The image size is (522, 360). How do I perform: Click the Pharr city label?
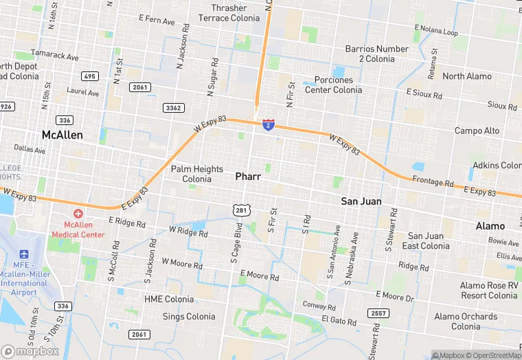248,177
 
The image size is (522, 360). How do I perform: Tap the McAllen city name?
62,135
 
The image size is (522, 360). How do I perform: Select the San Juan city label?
361,201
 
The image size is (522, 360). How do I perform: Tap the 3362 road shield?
173,108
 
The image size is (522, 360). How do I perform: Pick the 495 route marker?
89,76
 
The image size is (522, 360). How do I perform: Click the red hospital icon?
78,214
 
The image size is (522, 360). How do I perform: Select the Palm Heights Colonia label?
197,174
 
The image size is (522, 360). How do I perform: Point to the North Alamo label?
467,76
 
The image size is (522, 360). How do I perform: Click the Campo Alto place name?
477,131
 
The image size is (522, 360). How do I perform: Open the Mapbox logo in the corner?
30,351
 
